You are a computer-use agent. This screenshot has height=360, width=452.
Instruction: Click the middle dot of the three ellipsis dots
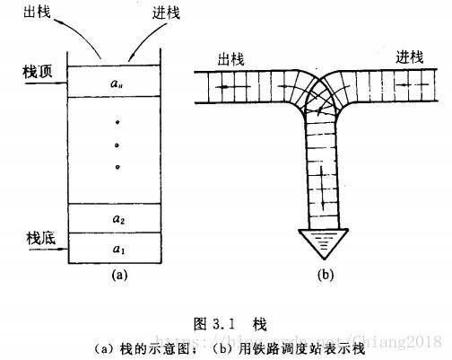pyautogui.click(x=117, y=144)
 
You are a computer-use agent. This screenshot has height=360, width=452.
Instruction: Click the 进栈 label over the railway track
pyautogui.click(x=410, y=56)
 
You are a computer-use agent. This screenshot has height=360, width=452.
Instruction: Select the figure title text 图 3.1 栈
pyautogui.click(x=228, y=320)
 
